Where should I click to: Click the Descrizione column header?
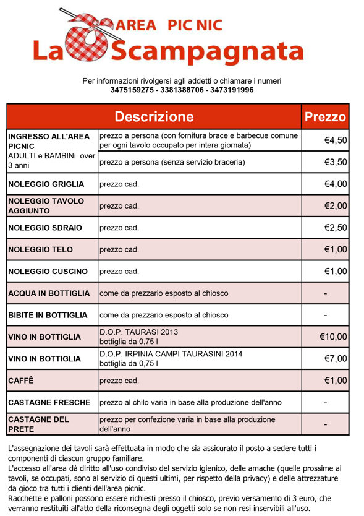point(154,116)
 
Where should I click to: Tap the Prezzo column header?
point(326,116)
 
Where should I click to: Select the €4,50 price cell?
point(336,140)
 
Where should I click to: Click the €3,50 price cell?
point(336,162)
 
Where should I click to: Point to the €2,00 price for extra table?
point(336,206)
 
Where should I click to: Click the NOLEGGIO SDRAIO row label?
point(44,228)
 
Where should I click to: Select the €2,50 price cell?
point(336,228)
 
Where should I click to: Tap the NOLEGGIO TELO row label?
point(40,249)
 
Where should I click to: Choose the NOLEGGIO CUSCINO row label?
point(48,272)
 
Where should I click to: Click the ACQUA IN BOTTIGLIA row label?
point(49,293)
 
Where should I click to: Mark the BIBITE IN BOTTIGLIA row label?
point(48,315)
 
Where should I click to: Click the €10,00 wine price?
point(333,337)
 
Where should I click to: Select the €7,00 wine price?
point(336,359)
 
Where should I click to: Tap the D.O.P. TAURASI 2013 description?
point(138,332)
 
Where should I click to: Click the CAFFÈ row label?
point(21,381)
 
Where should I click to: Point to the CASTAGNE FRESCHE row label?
point(49,403)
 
